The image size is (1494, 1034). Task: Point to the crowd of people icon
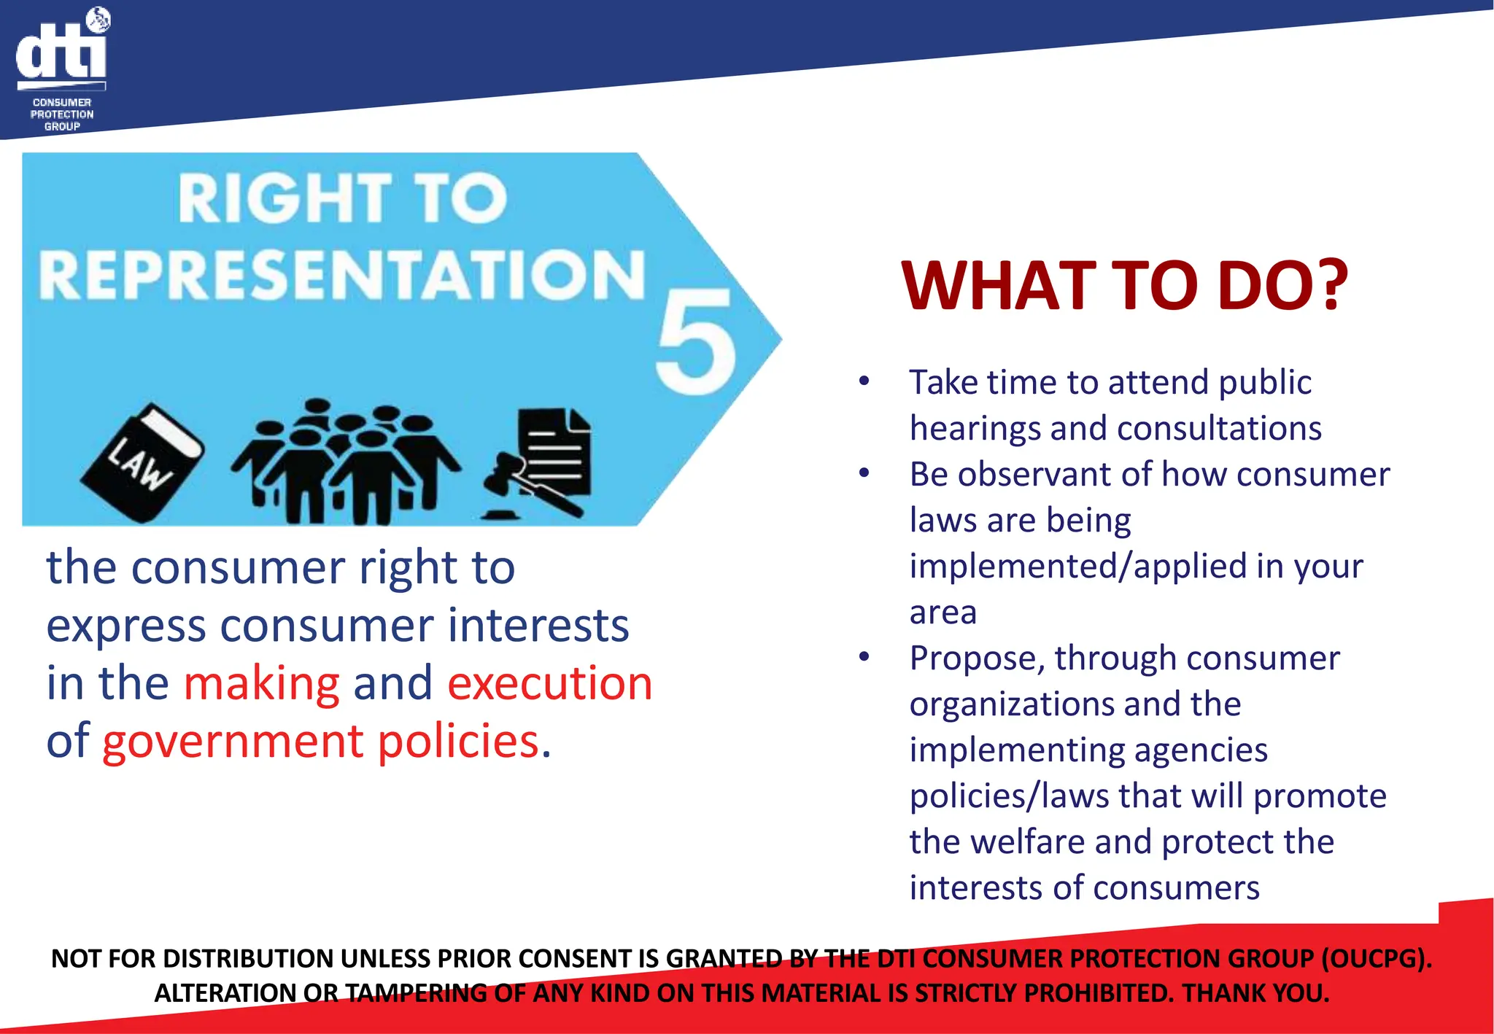[346, 462]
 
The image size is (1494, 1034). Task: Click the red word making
[261, 683]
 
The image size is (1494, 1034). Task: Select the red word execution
[549, 683]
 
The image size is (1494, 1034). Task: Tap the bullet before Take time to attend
[864, 381]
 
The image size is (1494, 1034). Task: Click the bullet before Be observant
[864, 473]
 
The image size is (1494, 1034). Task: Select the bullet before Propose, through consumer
[864, 657]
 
